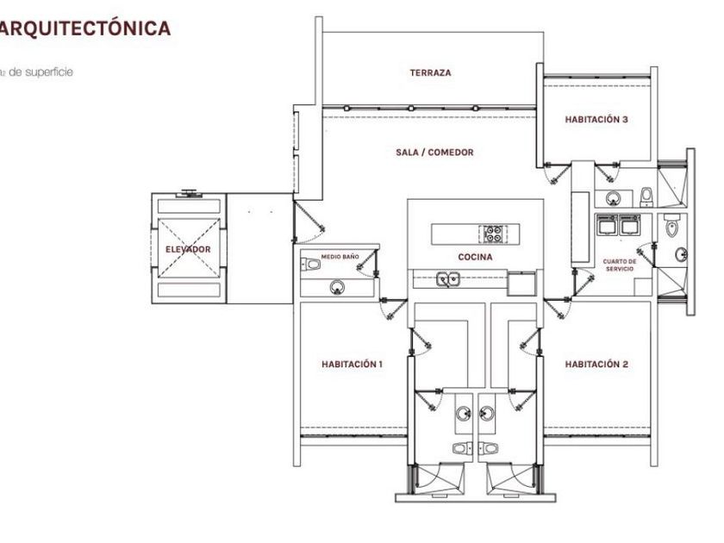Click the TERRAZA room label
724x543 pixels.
pos(430,73)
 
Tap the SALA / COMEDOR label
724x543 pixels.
pos(434,153)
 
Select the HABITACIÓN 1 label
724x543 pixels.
pos(352,365)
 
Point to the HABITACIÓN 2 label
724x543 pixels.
pos(596,365)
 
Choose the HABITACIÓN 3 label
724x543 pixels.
pos(596,120)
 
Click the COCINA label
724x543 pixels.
pos(475,258)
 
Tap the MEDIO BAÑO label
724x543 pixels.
pos(340,257)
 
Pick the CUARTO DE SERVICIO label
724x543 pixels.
pos(621,265)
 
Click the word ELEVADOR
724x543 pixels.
pos(188,250)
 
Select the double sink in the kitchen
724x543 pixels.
pos(446,279)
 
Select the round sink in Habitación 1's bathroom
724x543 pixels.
pos(463,415)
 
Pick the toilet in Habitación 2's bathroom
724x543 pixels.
pos(490,448)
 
